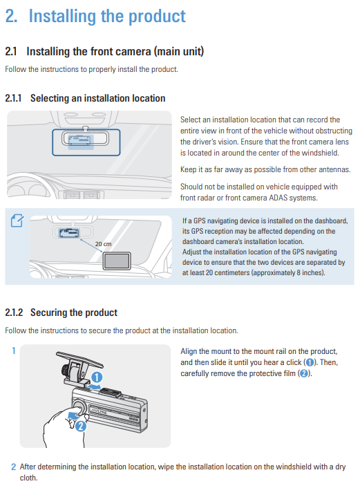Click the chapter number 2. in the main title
click(11, 16)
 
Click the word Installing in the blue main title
click(62, 17)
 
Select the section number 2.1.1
click(13, 98)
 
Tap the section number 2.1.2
click(14, 312)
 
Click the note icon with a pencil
click(17, 221)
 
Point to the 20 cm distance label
click(103, 244)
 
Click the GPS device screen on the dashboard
click(117, 261)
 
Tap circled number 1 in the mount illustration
click(97, 377)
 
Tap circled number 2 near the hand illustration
click(81, 426)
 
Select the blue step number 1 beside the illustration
click(14, 351)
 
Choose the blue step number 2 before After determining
click(14, 467)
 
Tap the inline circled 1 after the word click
click(310, 362)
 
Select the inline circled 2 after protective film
click(304, 373)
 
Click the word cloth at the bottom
click(28, 478)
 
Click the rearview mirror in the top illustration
click(85, 138)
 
